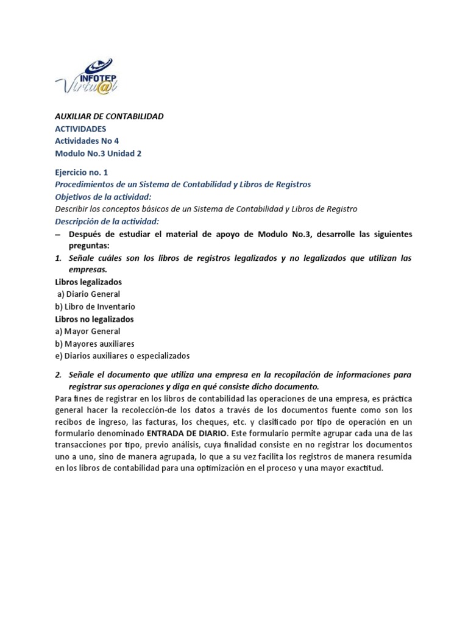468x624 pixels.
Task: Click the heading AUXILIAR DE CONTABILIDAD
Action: [109, 116]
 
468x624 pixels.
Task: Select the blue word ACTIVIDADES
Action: [80, 129]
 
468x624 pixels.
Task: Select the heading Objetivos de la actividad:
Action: [102, 197]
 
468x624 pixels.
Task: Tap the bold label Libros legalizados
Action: [88, 282]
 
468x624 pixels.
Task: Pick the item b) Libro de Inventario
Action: [95, 307]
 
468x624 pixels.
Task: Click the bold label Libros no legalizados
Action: [94, 319]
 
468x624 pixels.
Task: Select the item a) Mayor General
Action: [87, 331]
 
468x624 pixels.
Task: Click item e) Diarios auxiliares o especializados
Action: [122, 355]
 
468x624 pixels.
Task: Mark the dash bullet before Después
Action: [58, 234]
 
